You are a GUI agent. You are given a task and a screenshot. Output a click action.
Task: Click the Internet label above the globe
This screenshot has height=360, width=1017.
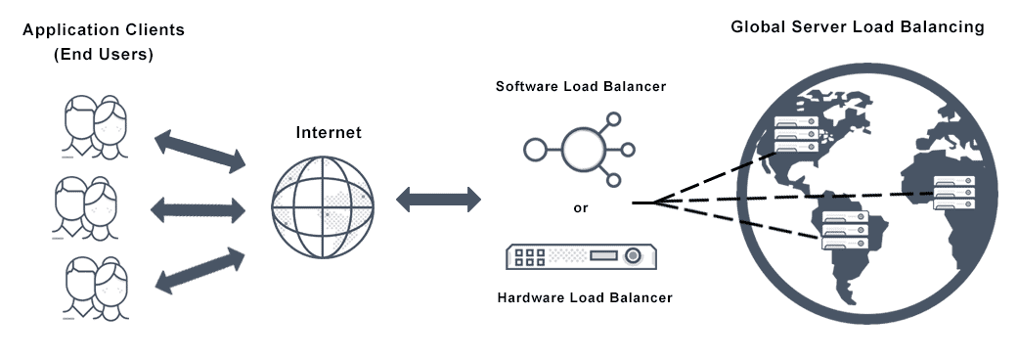click(329, 132)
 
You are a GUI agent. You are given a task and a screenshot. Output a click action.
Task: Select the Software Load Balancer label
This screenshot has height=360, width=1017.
click(581, 86)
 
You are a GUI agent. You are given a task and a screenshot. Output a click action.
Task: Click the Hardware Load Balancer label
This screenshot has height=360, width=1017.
click(585, 297)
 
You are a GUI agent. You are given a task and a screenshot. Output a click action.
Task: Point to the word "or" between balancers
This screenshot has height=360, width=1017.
click(581, 207)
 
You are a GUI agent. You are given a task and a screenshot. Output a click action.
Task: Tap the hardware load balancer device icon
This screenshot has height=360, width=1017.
click(581, 256)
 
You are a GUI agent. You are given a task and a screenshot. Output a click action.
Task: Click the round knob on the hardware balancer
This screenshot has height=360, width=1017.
click(634, 256)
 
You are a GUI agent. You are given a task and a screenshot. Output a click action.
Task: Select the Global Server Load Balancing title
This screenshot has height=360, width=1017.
click(858, 27)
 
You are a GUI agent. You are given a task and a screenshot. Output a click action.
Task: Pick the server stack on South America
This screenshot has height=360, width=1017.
click(844, 233)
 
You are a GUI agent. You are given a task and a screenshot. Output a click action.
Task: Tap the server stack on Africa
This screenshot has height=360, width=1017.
click(954, 192)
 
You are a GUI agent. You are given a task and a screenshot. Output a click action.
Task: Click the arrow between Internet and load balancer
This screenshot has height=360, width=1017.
click(438, 201)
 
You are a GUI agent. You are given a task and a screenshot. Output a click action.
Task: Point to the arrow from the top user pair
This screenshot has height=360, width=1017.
click(199, 150)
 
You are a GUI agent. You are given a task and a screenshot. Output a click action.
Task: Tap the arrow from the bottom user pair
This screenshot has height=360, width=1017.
click(199, 269)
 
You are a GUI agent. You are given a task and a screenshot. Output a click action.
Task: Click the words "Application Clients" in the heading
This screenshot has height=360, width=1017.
click(103, 30)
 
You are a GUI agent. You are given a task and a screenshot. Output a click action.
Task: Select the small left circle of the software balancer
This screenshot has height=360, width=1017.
click(534, 150)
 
